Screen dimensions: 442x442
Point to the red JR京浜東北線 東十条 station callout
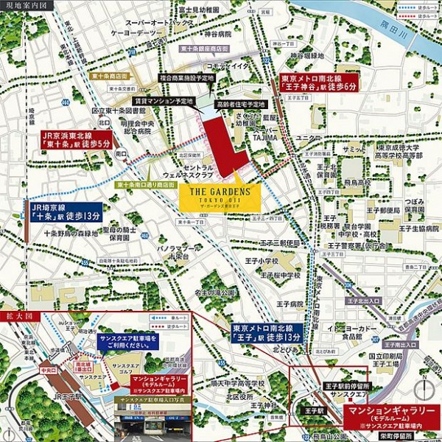click(x=75, y=140)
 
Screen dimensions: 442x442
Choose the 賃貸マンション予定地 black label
click(x=164, y=100)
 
